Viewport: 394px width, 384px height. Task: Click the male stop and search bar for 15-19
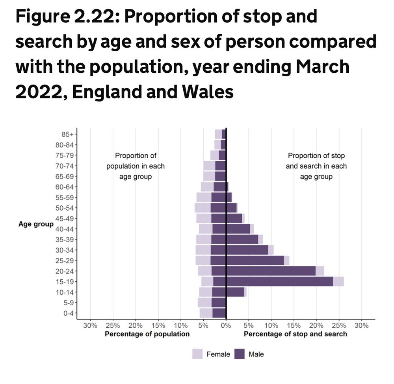coord(279,281)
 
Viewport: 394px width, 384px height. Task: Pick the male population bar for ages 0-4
coord(219,313)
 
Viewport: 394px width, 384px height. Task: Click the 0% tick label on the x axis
coord(226,326)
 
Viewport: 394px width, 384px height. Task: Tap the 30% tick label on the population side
coord(90,326)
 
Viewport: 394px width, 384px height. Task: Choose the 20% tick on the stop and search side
coord(316,326)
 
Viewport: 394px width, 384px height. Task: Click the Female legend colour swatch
coord(197,354)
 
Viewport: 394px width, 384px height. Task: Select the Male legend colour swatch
coord(240,354)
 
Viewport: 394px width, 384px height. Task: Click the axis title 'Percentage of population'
coord(147,334)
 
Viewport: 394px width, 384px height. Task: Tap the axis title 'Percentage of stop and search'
coord(295,334)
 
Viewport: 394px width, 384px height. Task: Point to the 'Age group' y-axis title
coord(36,224)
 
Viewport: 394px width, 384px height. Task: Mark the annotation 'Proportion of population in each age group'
coord(136,166)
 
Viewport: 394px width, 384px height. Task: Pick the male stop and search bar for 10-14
coord(235,292)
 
